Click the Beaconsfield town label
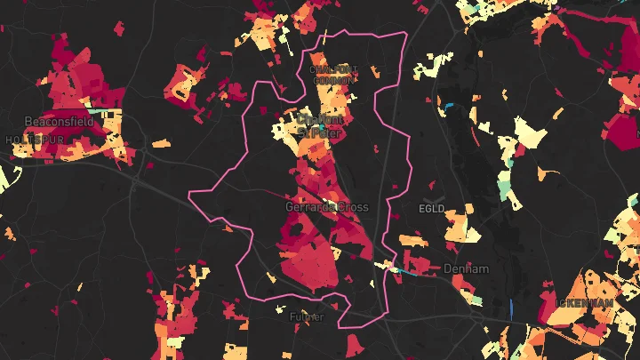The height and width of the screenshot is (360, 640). click(x=60, y=121)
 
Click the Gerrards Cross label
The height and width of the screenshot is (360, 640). click(x=326, y=206)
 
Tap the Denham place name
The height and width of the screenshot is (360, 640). click(x=466, y=268)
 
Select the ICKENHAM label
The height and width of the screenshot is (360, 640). click(x=584, y=303)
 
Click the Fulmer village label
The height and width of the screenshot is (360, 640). click(x=307, y=317)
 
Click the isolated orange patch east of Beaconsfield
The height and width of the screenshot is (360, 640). click(x=161, y=142)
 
